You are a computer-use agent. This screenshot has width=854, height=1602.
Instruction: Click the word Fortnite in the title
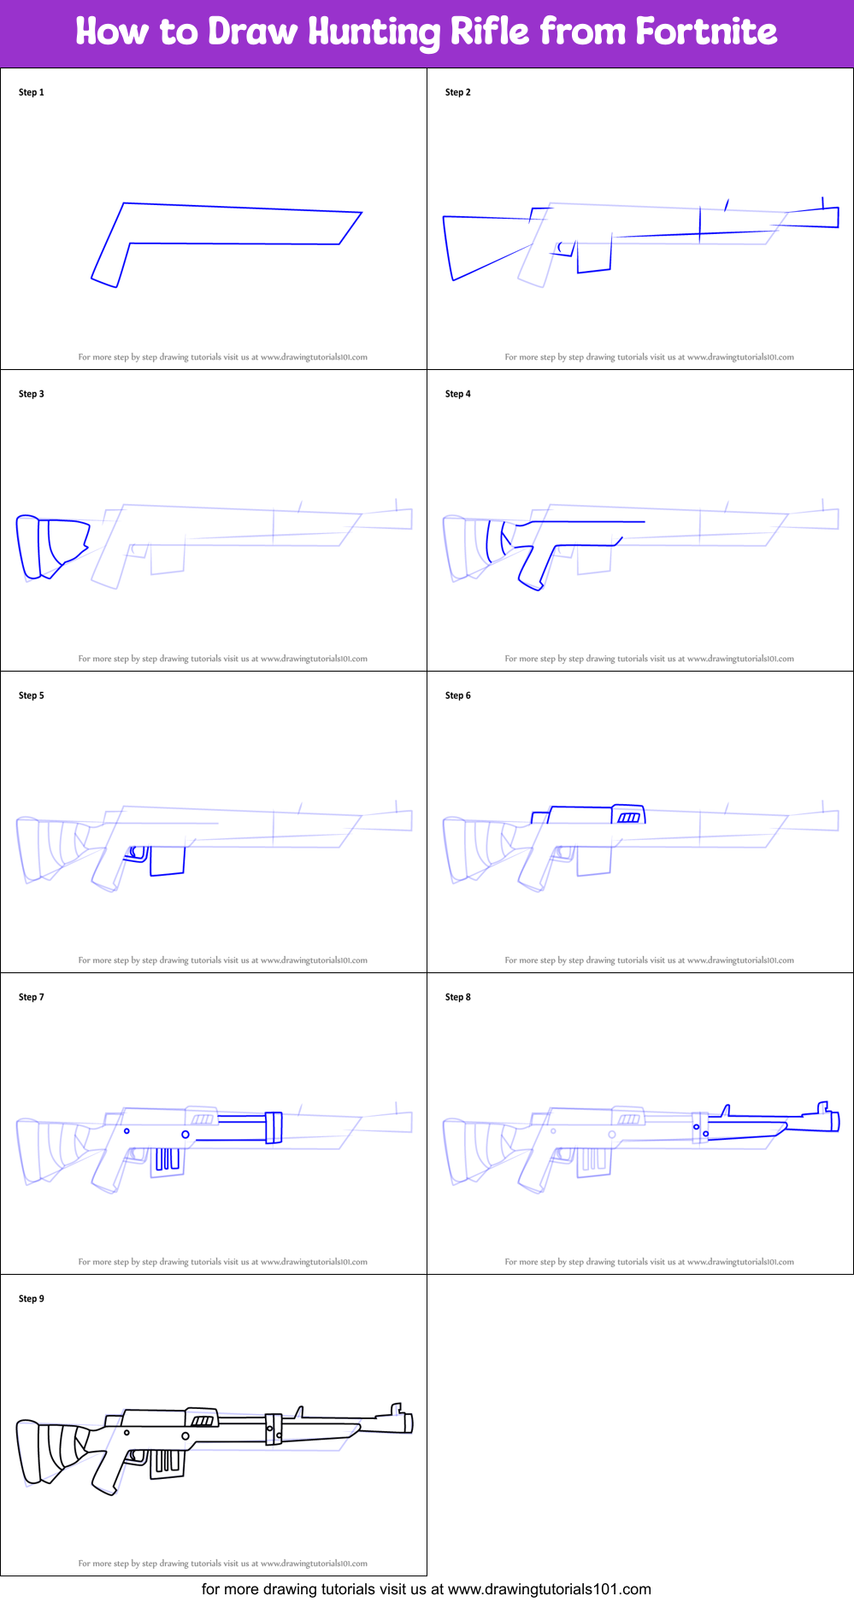(x=706, y=32)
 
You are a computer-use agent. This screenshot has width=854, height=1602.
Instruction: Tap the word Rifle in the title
(x=489, y=32)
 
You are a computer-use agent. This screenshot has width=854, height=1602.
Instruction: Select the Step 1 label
(x=32, y=92)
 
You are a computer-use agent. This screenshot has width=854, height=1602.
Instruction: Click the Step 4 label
(x=458, y=394)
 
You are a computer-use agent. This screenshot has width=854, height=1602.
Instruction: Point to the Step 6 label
(x=458, y=695)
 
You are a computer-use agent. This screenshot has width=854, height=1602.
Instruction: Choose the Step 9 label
(x=32, y=1299)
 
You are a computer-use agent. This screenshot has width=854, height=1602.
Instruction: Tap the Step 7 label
(x=32, y=997)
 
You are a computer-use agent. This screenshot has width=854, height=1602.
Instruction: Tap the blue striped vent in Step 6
(x=629, y=818)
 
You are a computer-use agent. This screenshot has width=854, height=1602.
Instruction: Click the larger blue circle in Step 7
(x=186, y=1135)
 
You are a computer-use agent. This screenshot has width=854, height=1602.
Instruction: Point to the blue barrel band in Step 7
(x=274, y=1128)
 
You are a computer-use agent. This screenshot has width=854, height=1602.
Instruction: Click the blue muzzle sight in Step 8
(x=824, y=1108)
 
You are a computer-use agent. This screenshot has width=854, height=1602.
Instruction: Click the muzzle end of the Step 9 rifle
(x=409, y=1423)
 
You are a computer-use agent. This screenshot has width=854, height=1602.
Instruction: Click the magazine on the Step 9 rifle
(x=168, y=1462)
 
